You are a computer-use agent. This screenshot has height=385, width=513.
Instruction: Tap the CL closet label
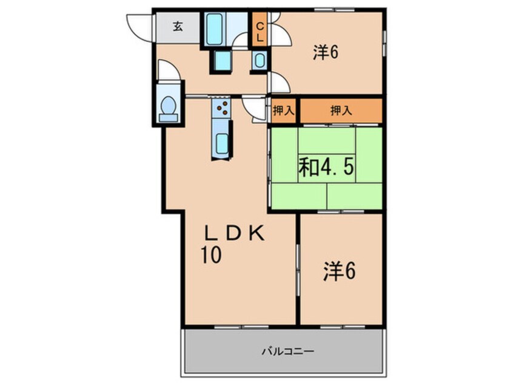259,30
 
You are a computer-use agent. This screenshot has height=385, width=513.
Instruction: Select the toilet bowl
167,107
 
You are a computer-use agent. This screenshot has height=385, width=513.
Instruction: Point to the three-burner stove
222,109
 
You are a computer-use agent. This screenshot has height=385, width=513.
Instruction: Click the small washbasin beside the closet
260,60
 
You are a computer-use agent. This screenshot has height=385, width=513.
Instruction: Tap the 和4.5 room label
326,166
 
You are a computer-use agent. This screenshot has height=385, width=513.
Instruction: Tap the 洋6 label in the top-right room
325,53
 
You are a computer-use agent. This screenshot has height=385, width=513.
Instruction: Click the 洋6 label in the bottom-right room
340,271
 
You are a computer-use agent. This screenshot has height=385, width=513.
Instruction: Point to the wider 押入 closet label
341,111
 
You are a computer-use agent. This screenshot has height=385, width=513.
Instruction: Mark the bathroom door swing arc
241,42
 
